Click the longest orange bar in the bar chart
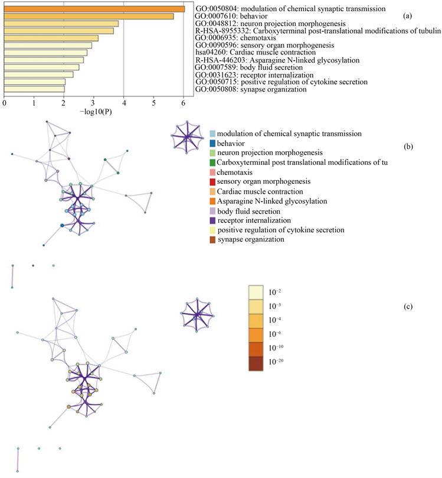[x=94, y=9]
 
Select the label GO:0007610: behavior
[x=231, y=17]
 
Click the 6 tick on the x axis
[x=184, y=103]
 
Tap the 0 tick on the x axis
[x=5, y=103]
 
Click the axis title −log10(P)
[x=96, y=112]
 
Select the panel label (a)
[x=407, y=16]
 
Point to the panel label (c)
[x=407, y=306]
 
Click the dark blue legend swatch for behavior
[x=212, y=143]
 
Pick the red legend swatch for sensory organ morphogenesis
[x=212, y=181]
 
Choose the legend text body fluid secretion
[x=251, y=211]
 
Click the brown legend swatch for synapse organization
[x=212, y=239]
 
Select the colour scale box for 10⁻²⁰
[x=258, y=362]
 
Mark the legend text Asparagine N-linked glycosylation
[x=271, y=201]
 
